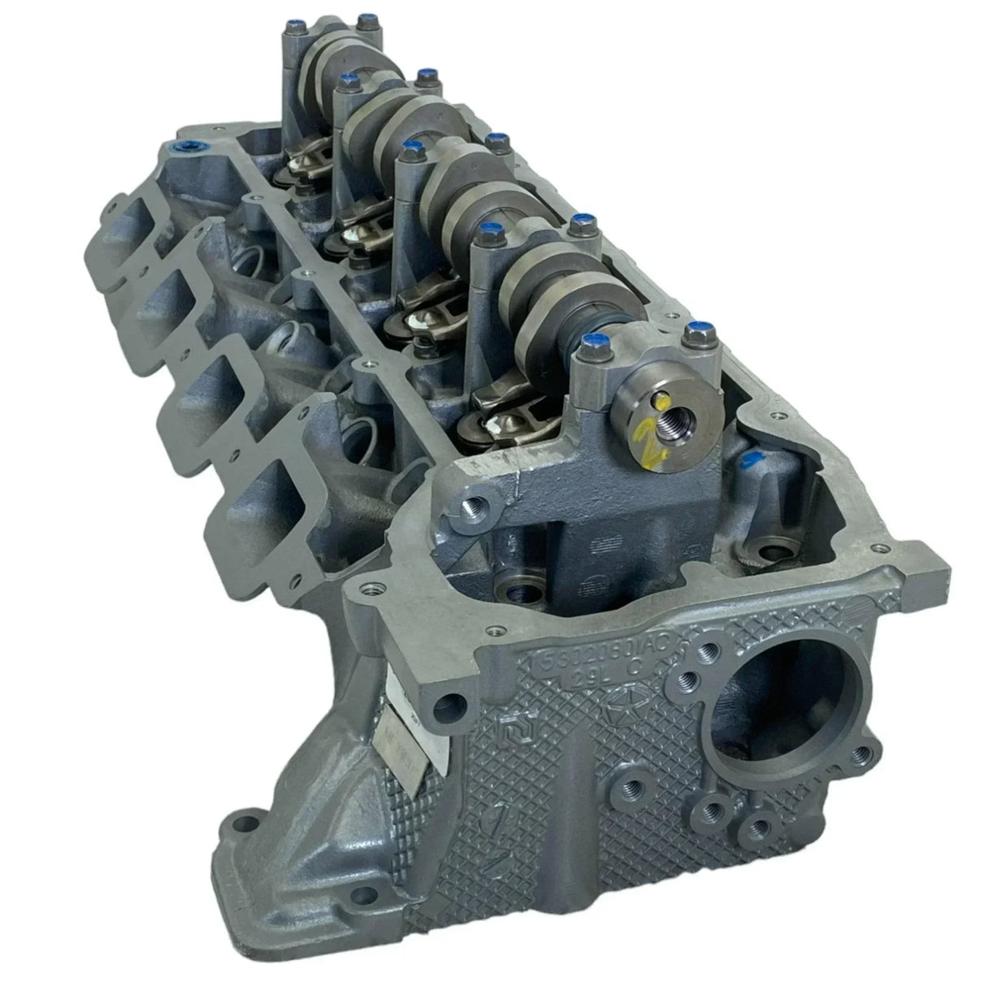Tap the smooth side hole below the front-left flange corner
(450, 701)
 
